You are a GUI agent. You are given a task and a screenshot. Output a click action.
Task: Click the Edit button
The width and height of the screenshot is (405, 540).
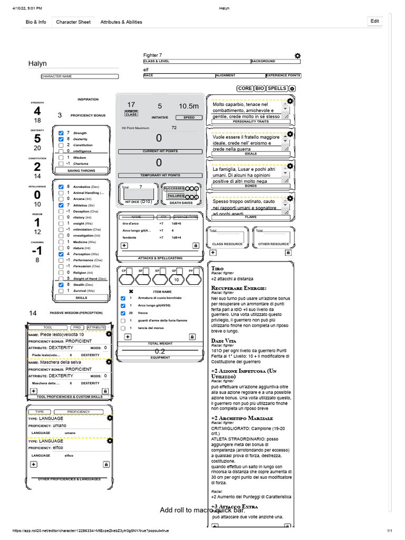coord(374,21)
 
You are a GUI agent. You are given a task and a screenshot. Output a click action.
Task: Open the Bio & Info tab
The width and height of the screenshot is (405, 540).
coord(36,22)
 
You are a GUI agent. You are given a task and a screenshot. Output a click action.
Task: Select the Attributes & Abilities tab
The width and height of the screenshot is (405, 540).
coord(121,22)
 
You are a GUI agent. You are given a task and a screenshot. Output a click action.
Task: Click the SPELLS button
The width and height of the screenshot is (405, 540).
coord(277,89)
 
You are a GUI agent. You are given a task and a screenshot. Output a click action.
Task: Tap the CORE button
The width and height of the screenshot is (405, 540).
coord(245,89)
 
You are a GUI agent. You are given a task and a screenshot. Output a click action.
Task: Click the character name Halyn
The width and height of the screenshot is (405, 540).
coord(37,64)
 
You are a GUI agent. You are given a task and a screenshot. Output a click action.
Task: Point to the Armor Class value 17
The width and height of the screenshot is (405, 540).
coord(131,105)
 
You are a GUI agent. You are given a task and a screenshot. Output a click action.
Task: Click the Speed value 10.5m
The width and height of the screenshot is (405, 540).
coord(188,106)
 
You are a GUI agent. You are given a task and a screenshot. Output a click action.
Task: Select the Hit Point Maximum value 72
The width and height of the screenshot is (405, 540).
coord(174,128)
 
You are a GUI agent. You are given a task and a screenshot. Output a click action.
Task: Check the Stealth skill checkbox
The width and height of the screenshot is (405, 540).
coord(61,285)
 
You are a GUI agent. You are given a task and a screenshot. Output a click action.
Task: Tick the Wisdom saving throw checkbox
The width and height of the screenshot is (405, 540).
coord(61,158)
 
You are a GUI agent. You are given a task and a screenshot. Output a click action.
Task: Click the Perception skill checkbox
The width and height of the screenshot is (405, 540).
coord(61,254)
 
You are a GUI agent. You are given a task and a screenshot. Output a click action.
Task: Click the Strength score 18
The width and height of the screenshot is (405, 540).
coord(37,121)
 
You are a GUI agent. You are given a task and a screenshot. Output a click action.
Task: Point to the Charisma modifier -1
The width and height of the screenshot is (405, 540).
coord(37,250)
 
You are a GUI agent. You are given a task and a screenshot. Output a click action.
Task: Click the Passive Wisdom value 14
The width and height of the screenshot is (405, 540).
coord(33,313)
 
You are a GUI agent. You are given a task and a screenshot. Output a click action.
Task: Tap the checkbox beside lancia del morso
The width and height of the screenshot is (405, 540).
coord(123,328)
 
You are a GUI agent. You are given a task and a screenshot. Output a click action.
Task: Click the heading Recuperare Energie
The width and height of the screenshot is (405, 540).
coord(238,288)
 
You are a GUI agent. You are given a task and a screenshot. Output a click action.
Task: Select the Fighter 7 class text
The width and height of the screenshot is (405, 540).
coord(153,55)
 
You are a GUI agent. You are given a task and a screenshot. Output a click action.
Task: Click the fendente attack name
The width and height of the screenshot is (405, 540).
coord(129,237)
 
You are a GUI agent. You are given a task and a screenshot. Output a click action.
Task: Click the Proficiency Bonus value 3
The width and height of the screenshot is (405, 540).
coord(60,115)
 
